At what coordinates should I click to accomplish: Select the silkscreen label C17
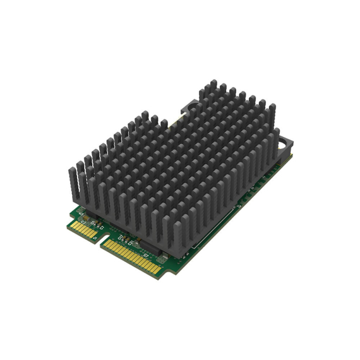(121, 239)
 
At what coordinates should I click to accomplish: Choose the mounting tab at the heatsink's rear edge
(189, 104)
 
